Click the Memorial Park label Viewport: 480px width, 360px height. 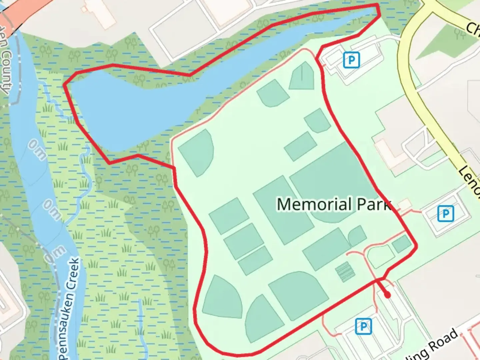click(333, 204)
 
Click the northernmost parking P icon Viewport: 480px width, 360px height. click(351, 60)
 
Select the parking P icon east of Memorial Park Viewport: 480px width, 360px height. click(445, 213)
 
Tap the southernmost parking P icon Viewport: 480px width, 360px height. click(363, 326)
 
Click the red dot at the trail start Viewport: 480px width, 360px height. click(387, 295)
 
